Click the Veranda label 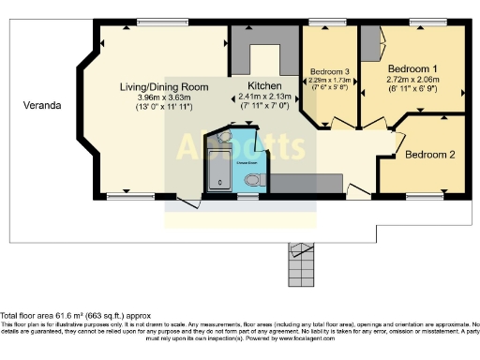43,106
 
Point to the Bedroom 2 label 430,155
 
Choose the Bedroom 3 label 330,72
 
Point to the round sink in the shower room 222,138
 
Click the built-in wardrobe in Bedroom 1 372,46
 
